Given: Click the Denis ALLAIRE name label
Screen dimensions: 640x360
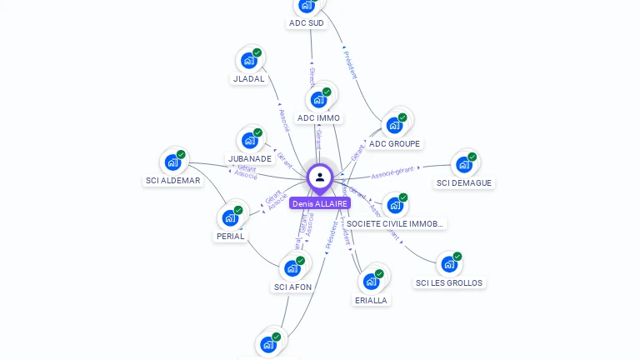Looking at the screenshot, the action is point(320,203).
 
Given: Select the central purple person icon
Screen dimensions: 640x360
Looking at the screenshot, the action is point(320,177).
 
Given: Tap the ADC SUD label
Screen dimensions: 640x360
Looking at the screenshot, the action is point(306,23).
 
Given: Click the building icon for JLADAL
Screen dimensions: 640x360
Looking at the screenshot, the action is point(249,60).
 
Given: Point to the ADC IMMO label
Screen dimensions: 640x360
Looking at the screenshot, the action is point(318,118).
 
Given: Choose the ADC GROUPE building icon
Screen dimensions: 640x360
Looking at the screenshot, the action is point(395,125).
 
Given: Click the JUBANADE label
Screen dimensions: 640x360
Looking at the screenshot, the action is point(250,158).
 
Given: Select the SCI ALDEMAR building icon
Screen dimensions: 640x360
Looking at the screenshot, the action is point(172,162).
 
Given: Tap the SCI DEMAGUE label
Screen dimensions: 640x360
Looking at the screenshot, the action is point(464,183).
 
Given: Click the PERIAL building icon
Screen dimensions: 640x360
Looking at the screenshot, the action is point(230,217).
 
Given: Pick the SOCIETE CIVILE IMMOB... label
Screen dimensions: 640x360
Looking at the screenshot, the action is point(396,224).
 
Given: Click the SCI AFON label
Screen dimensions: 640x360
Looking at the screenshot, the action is point(292,287).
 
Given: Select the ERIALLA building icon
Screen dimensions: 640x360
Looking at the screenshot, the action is point(371,282).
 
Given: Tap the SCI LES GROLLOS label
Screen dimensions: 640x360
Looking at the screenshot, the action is point(449,283).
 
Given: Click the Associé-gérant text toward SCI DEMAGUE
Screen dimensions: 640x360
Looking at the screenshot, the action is point(392,172).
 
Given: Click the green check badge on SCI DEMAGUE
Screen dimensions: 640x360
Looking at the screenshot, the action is point(472,157).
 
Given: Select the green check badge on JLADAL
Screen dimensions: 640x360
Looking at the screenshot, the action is point(257,52).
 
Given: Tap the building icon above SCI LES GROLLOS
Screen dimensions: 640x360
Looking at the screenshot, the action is point(449,264).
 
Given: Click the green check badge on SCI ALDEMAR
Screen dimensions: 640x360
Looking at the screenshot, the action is point(181,154).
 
